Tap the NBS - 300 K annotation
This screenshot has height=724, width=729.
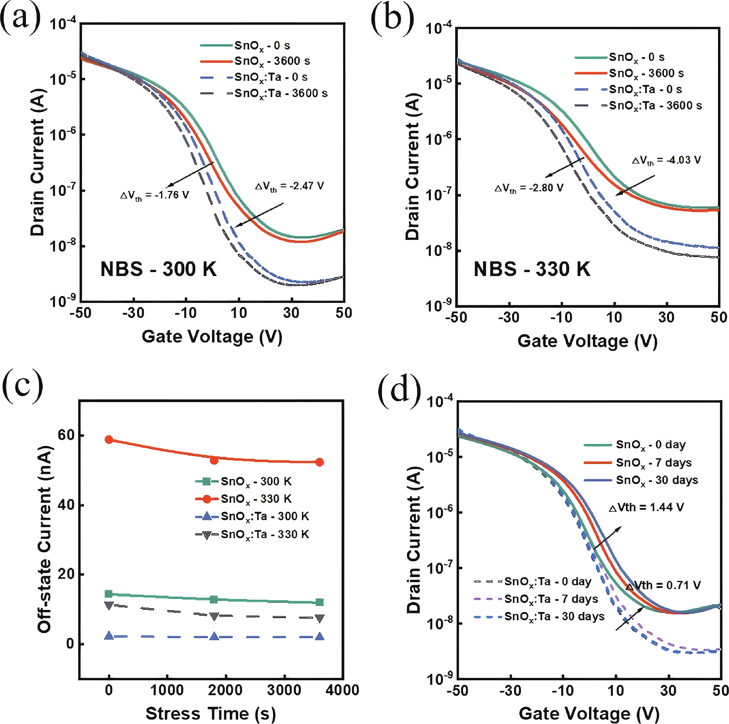tap(159, 269)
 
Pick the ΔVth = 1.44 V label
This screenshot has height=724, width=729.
tap(646, 507)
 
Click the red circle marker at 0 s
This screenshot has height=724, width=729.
tap(109, 440)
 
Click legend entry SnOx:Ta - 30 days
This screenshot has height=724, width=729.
tap(554, 616)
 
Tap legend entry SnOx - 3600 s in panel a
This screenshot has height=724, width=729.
tap(272, 61)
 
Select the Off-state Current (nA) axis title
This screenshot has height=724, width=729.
tap(44, 540)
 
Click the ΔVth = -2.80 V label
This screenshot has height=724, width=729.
tap(529, 188)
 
